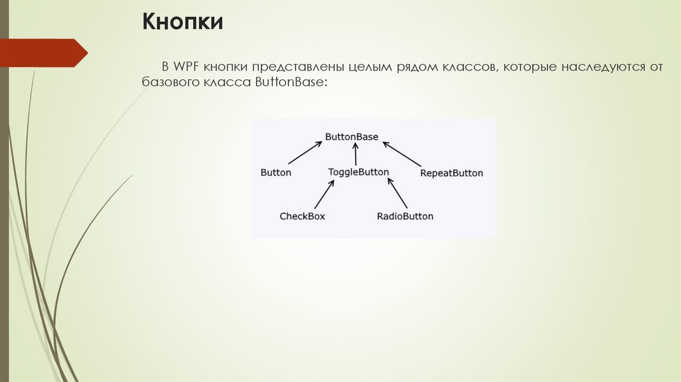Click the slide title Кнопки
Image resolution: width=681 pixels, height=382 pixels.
(x=181, y=23)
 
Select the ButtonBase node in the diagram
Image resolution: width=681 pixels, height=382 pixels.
(x=351, y=136)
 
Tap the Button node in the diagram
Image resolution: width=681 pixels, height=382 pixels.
(x=275, y=172)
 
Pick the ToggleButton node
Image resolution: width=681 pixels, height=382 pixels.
(x=358, y=172)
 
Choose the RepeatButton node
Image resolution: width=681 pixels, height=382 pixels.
(x=451, y=173)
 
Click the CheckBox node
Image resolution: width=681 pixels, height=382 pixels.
(x=302, y=216)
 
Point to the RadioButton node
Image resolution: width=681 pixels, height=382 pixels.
(x=404, y=216)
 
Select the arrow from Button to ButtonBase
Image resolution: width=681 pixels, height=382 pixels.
(x=305, y=153)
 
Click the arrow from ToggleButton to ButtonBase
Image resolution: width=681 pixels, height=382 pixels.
(x=356, y=155)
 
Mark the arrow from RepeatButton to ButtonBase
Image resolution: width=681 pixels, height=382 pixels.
(x=402, y=153)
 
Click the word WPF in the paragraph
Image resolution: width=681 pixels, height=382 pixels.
(x=186, y=68)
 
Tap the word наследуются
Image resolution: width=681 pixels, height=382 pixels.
(x=603, y=68)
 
